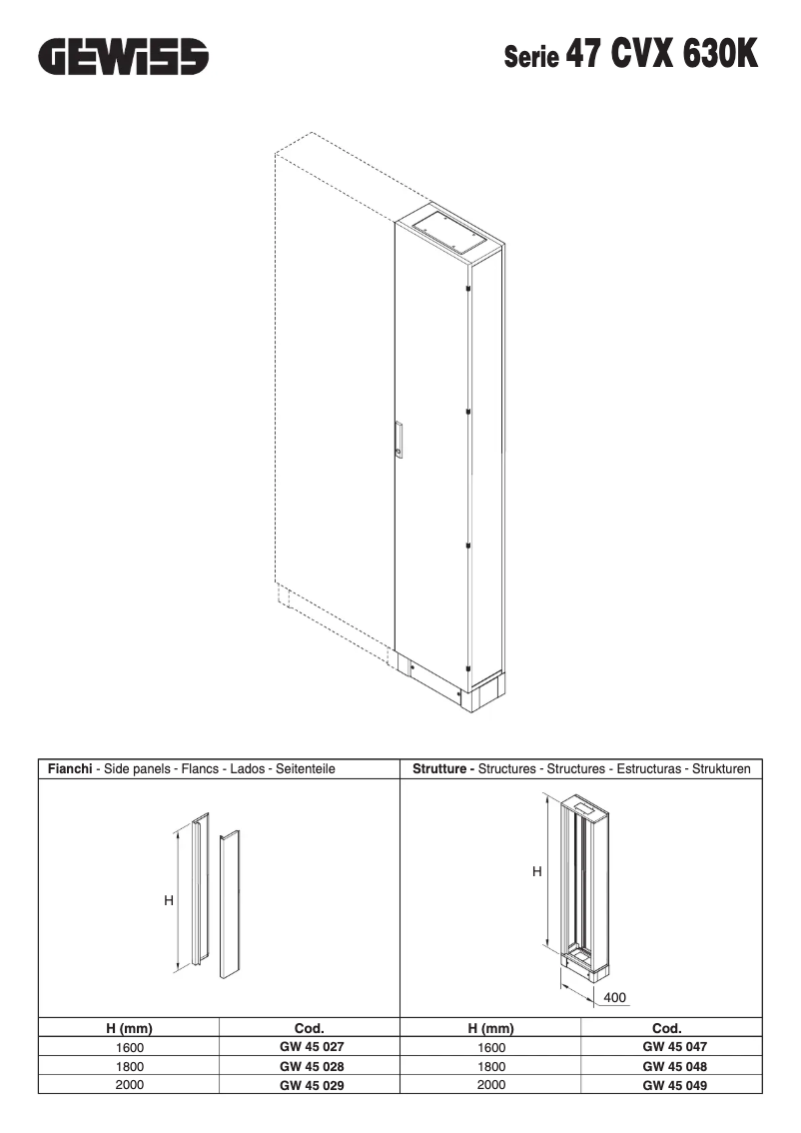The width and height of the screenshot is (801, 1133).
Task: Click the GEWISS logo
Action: [124, 57]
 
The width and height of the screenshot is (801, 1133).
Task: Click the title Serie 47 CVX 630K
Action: [630, 55]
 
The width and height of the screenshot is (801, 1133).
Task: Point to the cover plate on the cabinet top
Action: [444, 229]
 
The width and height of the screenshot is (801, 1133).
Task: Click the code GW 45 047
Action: [674, 1047]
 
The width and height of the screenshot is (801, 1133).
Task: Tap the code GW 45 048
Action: [674, 1066]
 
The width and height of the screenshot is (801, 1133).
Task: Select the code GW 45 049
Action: [674, 1085]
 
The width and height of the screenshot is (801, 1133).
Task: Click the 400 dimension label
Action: [615, 997]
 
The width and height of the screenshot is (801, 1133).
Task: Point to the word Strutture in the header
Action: [442, 769]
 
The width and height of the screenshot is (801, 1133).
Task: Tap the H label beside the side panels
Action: [169, 900]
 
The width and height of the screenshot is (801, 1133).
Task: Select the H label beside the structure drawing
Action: [536, 871]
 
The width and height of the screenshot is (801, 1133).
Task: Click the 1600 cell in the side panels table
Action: [130, 1048]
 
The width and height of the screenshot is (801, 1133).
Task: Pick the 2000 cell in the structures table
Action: [491, 1085]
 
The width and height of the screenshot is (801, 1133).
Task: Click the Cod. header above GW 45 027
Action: [310, 1028]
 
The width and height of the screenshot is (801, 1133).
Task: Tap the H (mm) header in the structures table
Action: [490, 1028]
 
